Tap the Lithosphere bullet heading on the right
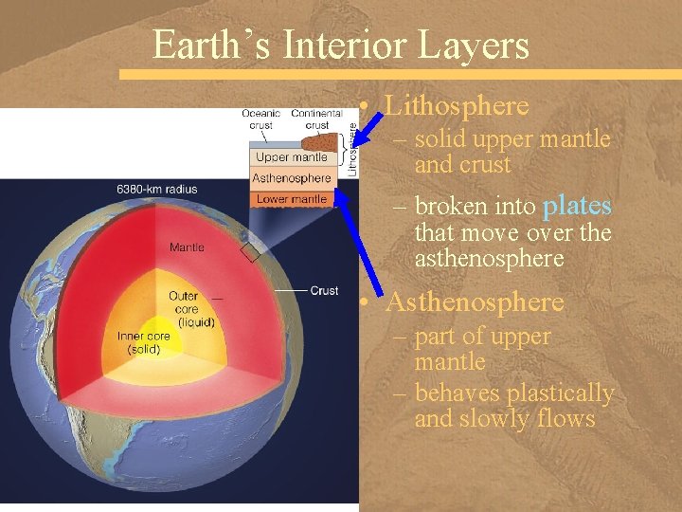coord(457,105)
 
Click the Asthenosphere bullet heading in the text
coord(475,302)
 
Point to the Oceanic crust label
coord(260,119)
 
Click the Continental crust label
coord(316,119)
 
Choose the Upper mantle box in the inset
coord(292,157)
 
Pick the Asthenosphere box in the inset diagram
coord(292,178)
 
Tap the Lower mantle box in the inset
coord(292,199)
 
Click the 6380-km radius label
coord(156,189)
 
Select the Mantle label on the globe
coord(187,248)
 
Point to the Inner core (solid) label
coord(143,342)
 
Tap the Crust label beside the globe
coord(324,291)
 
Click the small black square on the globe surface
coord(250,253)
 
